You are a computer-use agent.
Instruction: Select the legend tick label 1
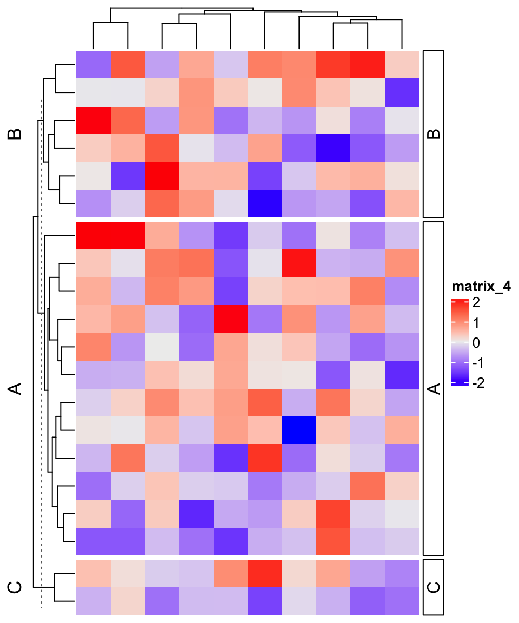(x=476, y=323)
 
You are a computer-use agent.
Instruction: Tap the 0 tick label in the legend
(x=476, y=343)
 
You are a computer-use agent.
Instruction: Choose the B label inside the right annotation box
(x=433, y=134)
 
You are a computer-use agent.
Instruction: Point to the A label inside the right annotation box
(x=433, y=388)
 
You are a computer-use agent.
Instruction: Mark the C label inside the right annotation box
(x=433, y=587)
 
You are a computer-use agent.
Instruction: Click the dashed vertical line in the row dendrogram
(x=42, y=352)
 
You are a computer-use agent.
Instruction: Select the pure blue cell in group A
(x=299, y=430)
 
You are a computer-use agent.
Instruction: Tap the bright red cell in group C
(x=265, y=573)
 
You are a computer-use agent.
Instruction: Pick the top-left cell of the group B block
(x=93, y=64)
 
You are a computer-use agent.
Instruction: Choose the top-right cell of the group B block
(x=402, y=64)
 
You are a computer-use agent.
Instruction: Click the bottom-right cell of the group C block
(x=402, y=601)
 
